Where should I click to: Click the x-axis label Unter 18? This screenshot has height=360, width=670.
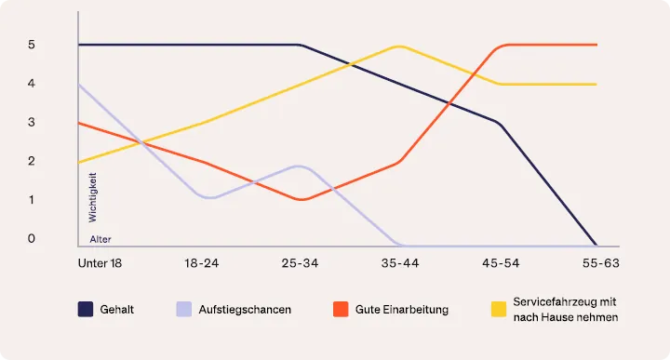(100, 263)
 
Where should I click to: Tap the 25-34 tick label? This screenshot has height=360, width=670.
(300, 263)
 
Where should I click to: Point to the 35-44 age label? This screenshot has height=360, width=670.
(399, 263)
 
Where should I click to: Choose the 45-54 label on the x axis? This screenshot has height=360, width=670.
(499, 263)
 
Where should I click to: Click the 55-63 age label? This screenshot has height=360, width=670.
(597, 263)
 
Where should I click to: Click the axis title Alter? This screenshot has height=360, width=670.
(100, 239)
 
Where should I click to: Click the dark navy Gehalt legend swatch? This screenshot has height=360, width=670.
(86, 309)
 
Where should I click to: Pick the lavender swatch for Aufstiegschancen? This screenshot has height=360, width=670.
(183, 309)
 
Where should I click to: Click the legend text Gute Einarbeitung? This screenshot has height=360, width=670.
(402, 309)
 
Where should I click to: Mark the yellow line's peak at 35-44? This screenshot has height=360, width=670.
(399, 46)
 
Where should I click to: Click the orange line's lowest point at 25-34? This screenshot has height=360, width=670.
(300, 199)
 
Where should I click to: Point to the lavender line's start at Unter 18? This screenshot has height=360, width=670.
(79, 84)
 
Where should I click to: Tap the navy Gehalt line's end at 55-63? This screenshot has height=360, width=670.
(596, 245)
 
